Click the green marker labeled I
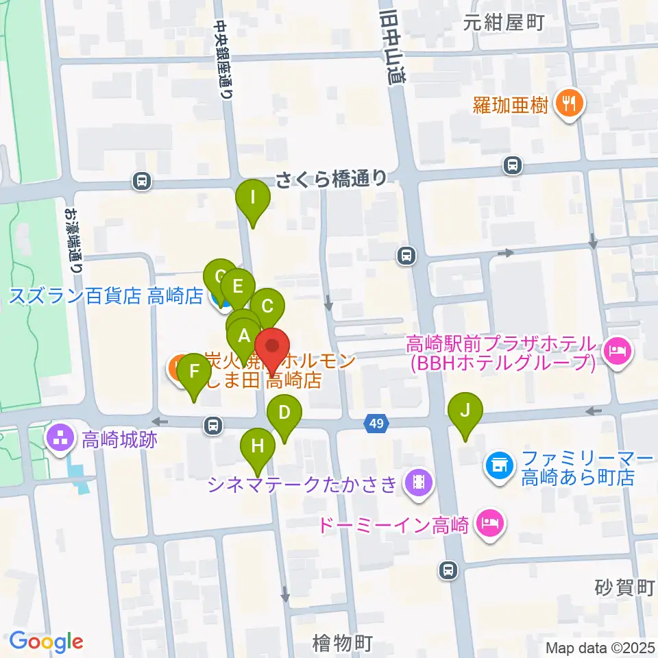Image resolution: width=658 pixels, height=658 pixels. (253, 199)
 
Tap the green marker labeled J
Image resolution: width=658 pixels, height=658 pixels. (465, 411)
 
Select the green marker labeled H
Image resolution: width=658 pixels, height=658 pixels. (258, 446)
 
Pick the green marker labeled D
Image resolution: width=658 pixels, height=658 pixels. (284, 413)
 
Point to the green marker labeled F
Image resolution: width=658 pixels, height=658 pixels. (194, 372)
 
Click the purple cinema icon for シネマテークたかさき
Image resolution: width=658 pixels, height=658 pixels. (417, 484)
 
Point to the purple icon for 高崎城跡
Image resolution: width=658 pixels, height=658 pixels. (59, 439)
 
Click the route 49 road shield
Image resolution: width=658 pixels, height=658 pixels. (374, 425)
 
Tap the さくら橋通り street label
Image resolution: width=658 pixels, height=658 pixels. (332, 180)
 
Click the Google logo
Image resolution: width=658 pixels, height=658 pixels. (47, 642)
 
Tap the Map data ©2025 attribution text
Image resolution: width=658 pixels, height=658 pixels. (600, 647)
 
